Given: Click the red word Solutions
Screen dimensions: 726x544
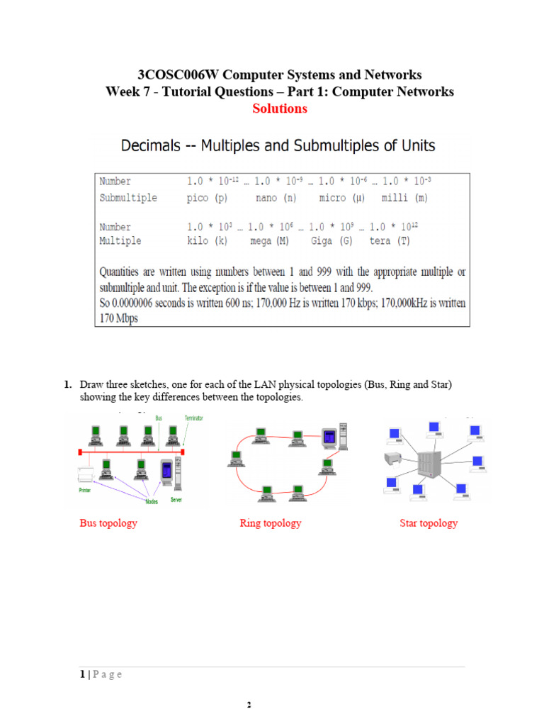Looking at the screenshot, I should (x=280, y=109).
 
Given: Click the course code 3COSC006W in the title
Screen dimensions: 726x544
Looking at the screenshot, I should (x=171, y=75).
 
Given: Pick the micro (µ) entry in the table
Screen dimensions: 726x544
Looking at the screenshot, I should (x=342, y=198).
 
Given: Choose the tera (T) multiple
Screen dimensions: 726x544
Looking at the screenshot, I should (x=390, y=241).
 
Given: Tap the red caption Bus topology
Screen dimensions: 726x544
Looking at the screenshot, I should (x=108, y=523).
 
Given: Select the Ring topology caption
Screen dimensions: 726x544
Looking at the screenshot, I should (x=271, y=523).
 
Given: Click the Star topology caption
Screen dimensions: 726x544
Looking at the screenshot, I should (x=429, y=523).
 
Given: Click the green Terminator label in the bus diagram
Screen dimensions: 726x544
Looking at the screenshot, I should (x=193, y=419).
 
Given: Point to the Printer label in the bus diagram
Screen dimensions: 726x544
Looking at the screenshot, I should (x=85, y=489).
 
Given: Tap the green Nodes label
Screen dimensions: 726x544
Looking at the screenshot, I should (x=152, y=501).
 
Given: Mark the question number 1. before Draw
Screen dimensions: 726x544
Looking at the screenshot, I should (x=68, y=385).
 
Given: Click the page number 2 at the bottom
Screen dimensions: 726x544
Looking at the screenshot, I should (x=249, y=705).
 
